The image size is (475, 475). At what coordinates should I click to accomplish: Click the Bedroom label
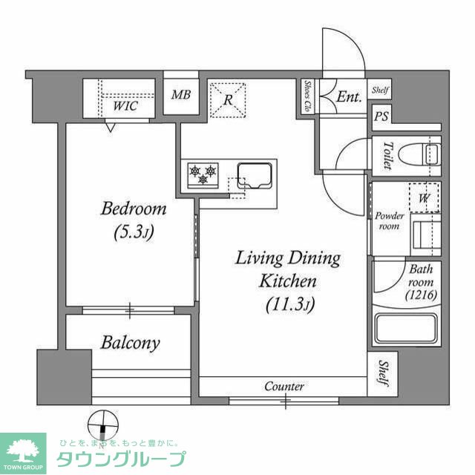(x=134, y=209)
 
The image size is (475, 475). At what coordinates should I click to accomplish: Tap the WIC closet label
(x=125, y=106)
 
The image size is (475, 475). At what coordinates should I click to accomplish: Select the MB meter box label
(x=181, y=95)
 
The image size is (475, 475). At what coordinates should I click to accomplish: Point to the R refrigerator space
(x=228, y=100)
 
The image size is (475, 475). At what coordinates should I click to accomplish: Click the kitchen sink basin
(x=255, y=176)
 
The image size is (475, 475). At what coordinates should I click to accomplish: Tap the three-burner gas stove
(x=203, y=175)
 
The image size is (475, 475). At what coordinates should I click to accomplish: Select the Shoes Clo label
(x=307, y=96)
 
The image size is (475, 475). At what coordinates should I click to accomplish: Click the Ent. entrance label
(x=350, y=96)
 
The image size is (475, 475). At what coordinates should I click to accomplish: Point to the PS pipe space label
(x=381, y=117)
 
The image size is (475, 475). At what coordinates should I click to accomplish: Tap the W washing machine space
(x=424, y=197)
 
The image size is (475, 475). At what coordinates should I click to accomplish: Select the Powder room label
(x=390, y=221)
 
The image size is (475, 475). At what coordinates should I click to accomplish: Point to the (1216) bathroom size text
(x=422, y=295)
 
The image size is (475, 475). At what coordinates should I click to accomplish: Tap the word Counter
(x=284, y=386)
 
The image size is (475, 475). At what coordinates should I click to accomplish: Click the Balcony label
(x=131, y=343)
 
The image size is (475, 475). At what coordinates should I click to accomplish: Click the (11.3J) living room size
(x=290, y=304)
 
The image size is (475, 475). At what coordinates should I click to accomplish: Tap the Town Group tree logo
(x=23, y=453)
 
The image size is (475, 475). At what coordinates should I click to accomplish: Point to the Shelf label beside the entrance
(x=380, y=90)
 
